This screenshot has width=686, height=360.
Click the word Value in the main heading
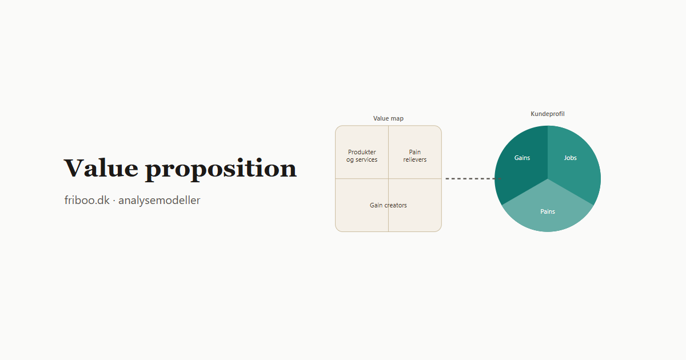click(x=101, y=168)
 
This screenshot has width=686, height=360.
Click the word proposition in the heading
click(x=221, y=169)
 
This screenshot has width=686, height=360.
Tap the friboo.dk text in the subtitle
click(x=87, y=200)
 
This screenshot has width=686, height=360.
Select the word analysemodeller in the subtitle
click(x=159, y=200)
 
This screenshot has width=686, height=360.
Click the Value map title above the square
click(x=388, y=118)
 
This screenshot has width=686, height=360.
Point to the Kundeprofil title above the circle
click(x=548, y=114)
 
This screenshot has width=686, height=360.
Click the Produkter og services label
click(x=362, y=156)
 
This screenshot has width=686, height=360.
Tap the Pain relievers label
click(x=414, y=156)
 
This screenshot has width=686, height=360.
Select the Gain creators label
click(x=388, y=205)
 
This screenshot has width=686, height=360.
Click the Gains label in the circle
click(x=522, y=158)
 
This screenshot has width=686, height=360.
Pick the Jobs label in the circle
click(x=571, y=158)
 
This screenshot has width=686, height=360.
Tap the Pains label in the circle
click(x=548, y=211)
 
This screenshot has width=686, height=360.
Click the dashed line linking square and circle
click(x=473, y=178)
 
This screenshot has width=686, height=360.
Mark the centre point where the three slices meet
click(x=548, y=179)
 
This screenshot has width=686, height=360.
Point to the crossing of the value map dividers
click(x=388, y=178)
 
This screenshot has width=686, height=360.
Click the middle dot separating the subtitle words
click(x=114, y=201)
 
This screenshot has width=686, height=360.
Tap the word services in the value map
click(x=366, y=160)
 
